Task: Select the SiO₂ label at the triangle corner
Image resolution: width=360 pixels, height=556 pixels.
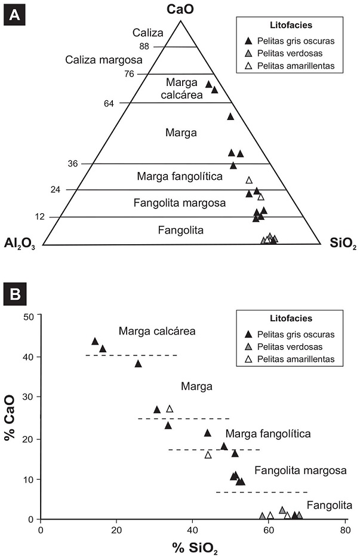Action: click(x=342, y=243)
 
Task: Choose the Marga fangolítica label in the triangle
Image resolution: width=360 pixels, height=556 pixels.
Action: click(x=180, y=176)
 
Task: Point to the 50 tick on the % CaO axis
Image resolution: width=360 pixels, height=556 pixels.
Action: click(x=27, y=316)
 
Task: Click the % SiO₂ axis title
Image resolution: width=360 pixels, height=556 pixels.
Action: click(x=193, y=547)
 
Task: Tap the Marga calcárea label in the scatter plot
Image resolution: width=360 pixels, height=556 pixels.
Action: click(x=157, y=330)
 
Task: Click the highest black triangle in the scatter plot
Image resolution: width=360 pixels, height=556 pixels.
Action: click(x=95, y=341)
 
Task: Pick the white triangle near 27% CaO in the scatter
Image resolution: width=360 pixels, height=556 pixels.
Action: click(x=170, y=409)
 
